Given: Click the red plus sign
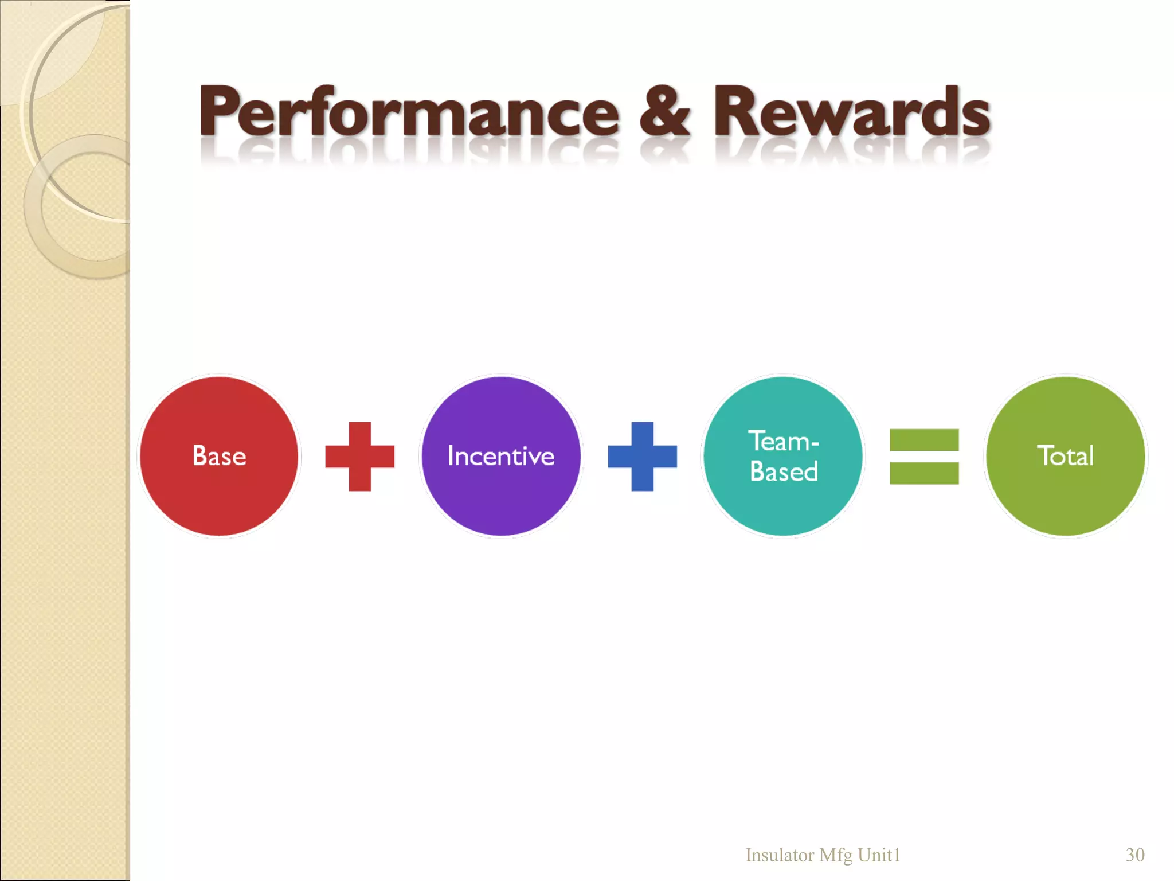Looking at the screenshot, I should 359,457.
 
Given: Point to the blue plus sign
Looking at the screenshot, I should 642,457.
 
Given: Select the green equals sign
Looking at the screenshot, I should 924,457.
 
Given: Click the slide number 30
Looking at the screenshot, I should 1135,855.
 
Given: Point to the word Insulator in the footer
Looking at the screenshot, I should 780,855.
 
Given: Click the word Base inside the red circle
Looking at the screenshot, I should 219,456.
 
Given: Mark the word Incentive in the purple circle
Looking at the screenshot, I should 501,456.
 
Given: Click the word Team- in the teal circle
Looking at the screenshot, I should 783,441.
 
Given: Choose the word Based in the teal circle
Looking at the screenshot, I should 784,471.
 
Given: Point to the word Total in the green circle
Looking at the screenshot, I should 1065,456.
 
